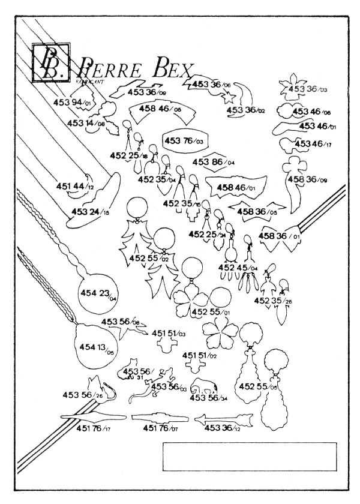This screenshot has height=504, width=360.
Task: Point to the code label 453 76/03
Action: tap(184, 141)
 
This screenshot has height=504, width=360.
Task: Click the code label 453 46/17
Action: tap(311, 145)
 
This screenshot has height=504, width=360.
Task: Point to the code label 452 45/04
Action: tap(238, 268)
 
